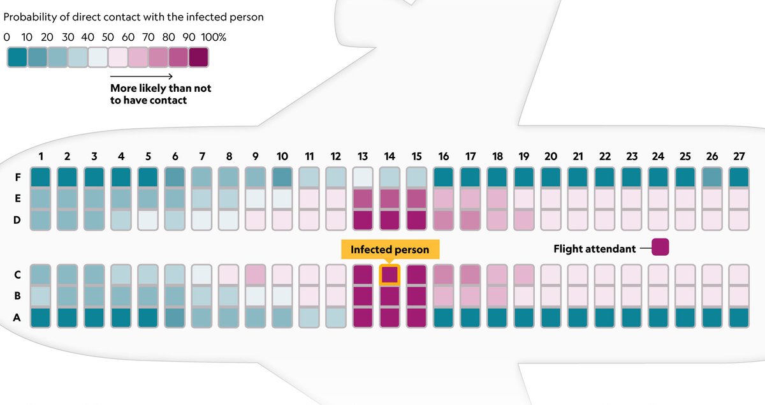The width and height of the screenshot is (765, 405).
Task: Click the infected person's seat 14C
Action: pos(390,275)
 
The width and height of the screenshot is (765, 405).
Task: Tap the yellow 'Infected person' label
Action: pos(390,249)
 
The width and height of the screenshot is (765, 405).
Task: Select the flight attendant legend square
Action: pos(659,248)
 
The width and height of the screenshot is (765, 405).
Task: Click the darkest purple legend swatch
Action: pos(198,57)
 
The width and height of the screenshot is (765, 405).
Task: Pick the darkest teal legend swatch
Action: pos(17,57)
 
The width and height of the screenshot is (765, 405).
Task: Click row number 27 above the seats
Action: pos(738,156)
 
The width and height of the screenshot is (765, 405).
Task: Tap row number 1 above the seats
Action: pos(40,156)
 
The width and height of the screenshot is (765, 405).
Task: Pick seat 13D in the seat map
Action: pos(363,220)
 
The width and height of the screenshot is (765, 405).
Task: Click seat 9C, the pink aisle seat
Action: pos(255,275)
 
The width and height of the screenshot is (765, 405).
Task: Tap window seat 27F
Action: pos(738,177)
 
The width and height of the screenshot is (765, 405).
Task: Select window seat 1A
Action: pos(40,317)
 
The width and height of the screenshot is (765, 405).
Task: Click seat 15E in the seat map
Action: pos(416,198)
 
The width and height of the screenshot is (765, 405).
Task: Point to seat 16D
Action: pos(443,220)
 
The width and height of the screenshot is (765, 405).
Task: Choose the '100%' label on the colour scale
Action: pos(214,37)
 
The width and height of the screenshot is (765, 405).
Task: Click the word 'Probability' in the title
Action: pos(28,17)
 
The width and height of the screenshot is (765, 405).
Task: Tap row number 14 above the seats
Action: pos(390,156)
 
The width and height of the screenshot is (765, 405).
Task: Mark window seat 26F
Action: pos(711,177)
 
